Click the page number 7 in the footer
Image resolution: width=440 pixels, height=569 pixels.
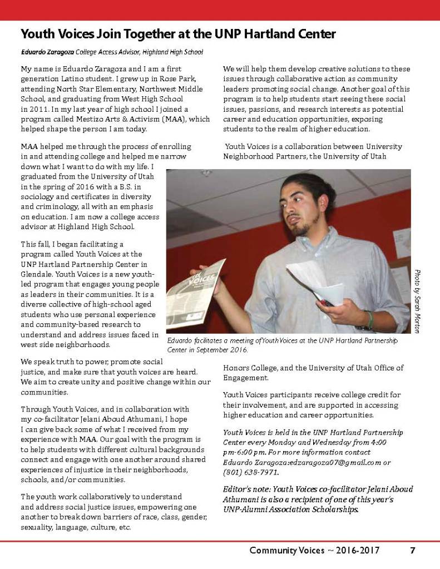coord(413,551)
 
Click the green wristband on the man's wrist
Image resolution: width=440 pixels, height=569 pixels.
coord(369,319)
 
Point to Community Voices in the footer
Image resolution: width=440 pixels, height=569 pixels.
coord(286,551)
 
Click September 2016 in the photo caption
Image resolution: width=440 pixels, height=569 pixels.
coord(221,350)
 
